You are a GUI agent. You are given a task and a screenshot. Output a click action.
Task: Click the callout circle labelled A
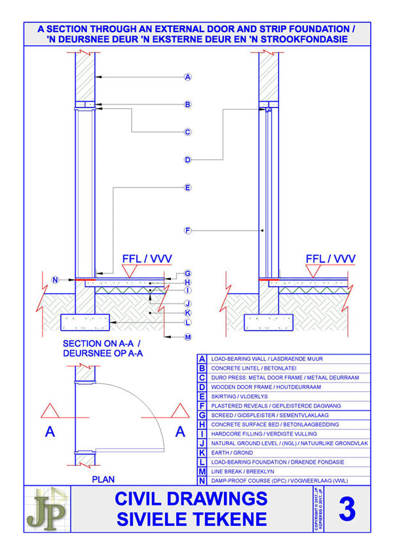(187, 77)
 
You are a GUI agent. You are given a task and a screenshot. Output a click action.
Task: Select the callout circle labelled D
(187, 159)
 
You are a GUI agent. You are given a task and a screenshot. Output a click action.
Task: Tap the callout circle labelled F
(187, 230)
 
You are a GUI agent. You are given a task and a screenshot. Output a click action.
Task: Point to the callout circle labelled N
(56, 279)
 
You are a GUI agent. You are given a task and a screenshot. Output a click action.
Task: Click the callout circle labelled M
(187, 337)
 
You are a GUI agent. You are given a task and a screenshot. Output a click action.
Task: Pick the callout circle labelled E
(187, 188)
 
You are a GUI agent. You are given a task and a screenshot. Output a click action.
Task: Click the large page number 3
(346, 509)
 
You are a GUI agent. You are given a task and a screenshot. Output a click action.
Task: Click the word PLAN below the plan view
(103, 479)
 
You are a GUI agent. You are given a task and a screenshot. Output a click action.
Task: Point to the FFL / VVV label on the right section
(330, 259)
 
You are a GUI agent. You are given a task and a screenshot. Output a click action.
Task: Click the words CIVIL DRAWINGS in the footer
(191, 498)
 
